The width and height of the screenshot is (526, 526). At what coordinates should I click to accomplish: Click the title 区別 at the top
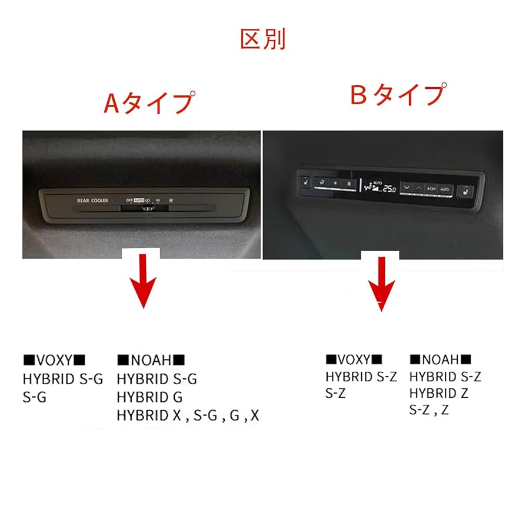(x=262, y=39)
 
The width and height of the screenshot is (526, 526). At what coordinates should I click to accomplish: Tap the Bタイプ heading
(x=397, y=94)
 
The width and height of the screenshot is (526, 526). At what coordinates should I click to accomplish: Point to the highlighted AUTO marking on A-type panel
(x=139, y=200)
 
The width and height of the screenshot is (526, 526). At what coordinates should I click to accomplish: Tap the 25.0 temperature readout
(x=388, y=188)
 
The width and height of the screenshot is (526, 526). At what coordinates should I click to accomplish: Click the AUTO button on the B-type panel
(x=445, y=189)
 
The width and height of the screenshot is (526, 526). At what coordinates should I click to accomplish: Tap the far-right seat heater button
(x=465, y=192)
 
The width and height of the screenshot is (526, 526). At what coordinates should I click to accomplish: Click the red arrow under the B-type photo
(x=381, y=282)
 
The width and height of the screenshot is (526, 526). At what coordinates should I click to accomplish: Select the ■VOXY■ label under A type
(x=54, y=359)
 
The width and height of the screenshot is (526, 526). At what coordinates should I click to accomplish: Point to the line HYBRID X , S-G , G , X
(x=188, y=415)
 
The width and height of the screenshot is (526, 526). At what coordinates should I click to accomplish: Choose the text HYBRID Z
(x=438, y=393)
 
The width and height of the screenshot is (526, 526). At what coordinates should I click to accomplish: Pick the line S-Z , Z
(x=429, y=410)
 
